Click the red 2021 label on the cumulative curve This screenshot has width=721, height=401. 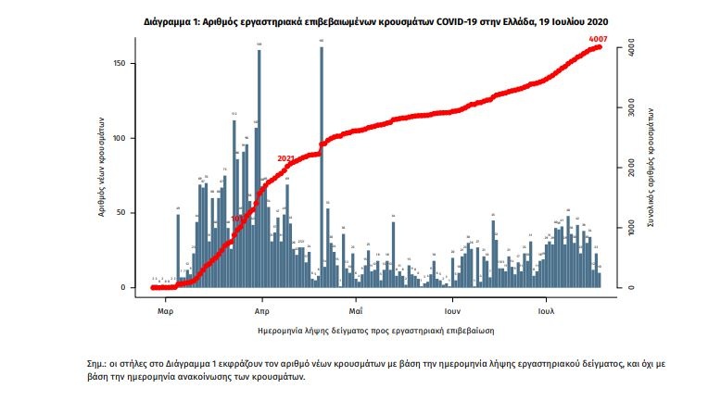(x=285, y=158)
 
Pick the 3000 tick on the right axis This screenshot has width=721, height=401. (x=631, y=108)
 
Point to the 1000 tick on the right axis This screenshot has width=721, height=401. (x=631, y=228)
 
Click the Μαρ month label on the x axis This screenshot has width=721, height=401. (x=166, y=311)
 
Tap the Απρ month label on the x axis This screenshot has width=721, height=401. (x=261, y=311)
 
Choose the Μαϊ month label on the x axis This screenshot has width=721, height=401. (x=354, y=311)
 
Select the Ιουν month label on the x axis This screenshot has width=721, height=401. (x=452, y=311)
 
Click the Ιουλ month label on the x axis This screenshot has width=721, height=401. (x=546, y=311)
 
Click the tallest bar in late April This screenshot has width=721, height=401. (x=322, y=167)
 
